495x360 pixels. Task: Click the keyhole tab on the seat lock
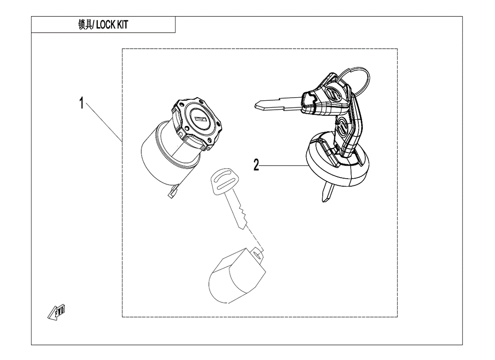258,254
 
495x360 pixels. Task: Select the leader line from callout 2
283,166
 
